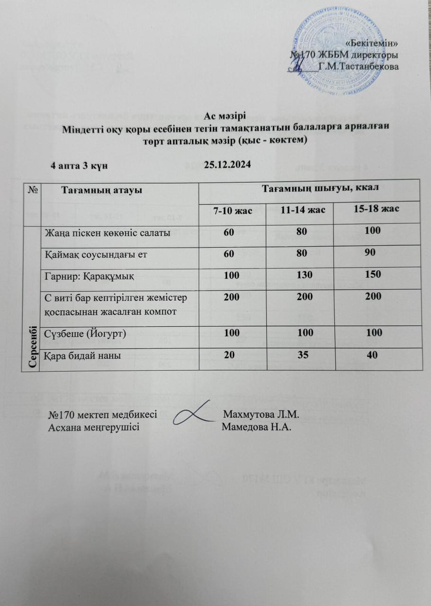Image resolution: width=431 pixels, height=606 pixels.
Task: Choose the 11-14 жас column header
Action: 300,210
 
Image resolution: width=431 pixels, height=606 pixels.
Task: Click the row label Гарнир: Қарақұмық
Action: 89,276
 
